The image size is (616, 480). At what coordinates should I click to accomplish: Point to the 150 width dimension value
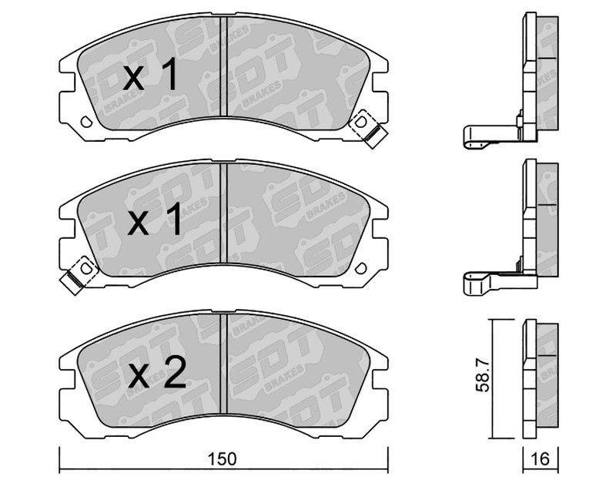[x=223, y=458]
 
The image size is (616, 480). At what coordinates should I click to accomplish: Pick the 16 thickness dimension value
[x=541, y=458]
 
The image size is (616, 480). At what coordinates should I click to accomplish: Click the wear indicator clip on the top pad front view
[x=369, y=129]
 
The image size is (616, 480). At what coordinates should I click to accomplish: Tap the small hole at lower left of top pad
[x=86, y=122]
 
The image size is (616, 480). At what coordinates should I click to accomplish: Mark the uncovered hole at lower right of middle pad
[x=360, y=268]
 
